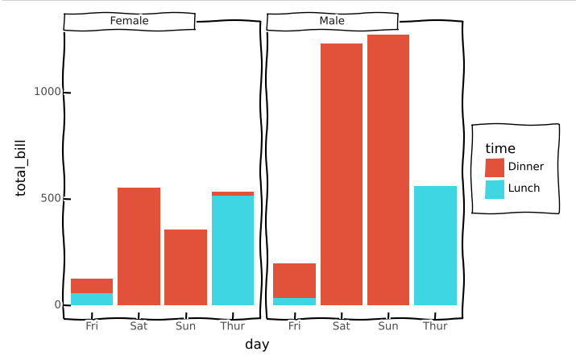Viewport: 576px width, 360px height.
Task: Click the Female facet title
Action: tap(129, 21)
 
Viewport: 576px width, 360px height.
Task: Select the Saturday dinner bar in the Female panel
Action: tap(139, 246)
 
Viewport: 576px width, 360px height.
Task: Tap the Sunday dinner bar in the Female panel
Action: tap(185, 267)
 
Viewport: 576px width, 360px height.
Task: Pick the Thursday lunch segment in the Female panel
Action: tap(233, 250)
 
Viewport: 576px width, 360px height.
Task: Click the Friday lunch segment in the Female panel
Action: tap(92, 299)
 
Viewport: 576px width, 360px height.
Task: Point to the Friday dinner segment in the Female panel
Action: tap(92, 286)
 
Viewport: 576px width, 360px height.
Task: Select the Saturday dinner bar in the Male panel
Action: tap(342, 174)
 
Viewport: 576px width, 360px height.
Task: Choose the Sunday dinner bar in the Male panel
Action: tap(388, 170)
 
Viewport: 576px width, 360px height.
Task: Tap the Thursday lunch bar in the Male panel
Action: tap(435, 246)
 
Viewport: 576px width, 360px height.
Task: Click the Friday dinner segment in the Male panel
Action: tap(294, 280)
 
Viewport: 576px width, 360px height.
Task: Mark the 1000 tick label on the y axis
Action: tap(48, 93)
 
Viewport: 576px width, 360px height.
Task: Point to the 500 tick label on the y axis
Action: tap(51, 199)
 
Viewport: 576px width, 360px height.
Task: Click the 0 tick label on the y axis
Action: tap(57, 304)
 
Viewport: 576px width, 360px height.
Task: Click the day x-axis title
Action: tap(257, 345)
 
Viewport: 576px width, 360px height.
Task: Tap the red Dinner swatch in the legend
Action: tap(495, 168)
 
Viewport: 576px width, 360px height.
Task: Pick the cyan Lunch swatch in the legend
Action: tap(495, 189)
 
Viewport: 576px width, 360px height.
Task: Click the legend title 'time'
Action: tap(499, 148)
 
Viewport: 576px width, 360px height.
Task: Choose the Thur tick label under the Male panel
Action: tap(435, 326)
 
